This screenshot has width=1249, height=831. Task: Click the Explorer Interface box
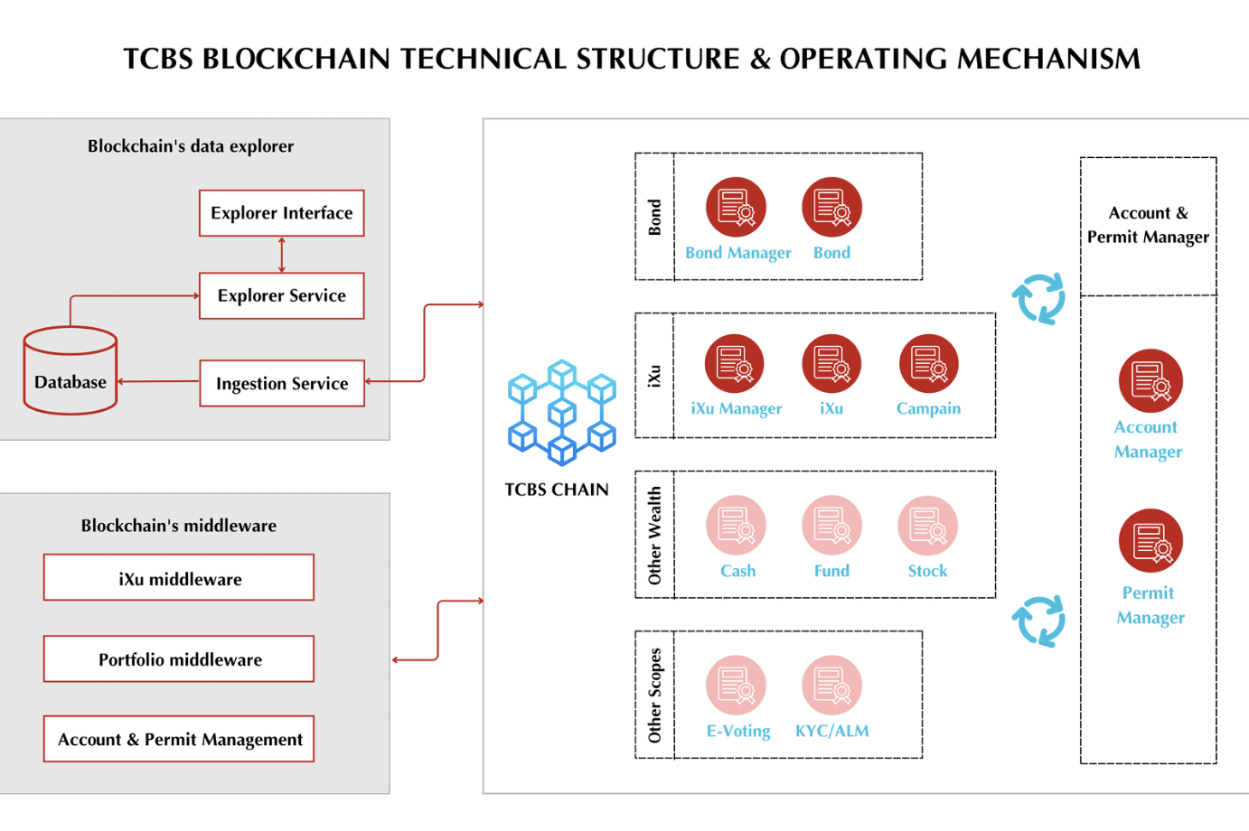(281, 213)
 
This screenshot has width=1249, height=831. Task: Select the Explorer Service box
(281, 295)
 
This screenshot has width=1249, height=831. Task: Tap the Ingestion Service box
(281, 383)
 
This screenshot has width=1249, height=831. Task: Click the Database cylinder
(70, 371)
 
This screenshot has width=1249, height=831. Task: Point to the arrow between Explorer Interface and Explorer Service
(282, 255)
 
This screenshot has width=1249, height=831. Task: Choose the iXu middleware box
(179, 578)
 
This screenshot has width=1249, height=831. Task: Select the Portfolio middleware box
(179, 659)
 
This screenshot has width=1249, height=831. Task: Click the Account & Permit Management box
(179, 739)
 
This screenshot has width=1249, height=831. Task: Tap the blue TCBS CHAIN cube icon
(561, 412)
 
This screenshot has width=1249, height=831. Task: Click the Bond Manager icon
(736, 207)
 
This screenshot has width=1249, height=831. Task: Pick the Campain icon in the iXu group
(928, 364)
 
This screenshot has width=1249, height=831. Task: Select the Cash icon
(736, 525)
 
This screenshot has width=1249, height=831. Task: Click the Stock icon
(927, 525)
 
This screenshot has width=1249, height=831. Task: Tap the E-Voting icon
(736, 685)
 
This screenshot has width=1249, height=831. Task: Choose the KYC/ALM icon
(831, 685)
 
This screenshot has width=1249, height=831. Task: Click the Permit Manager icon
(1150, 540)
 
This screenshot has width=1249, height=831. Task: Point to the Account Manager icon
(1150, 380)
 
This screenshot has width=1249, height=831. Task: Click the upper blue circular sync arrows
(1038, 298)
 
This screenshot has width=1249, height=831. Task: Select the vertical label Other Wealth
(655, 535)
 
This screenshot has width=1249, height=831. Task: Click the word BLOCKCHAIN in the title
(297, 59)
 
